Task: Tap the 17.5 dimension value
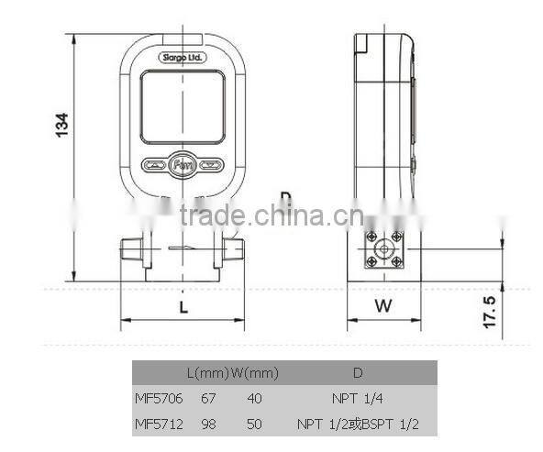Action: tap(489, 312)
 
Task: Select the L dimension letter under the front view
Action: tap(183, 308)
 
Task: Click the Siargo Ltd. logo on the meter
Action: tap(183, 58)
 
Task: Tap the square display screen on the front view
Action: tap(183, 107)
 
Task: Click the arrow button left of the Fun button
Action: tap(153, 166)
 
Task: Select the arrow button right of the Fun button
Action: tap(212, 166)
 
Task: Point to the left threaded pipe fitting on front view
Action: tap(132, 250)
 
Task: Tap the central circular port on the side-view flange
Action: tap(383, 248)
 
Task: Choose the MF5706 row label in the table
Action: tap(158, 400)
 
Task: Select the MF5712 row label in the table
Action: tap(158, 424)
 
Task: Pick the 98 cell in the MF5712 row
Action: tap(210, 424)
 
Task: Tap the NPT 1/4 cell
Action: tap(358, 400)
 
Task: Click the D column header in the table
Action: tap(358, 374)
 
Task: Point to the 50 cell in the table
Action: tap(254, 424)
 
